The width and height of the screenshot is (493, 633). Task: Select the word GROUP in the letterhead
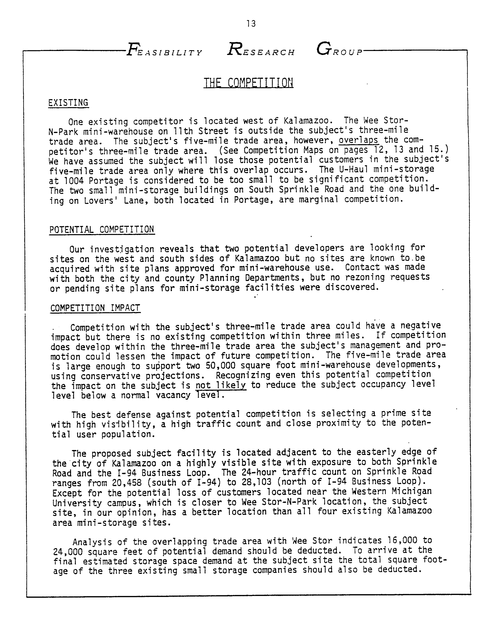(339, 50)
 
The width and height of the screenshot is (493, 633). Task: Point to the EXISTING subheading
(68, 103)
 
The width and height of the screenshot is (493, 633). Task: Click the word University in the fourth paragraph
(77, 503)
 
